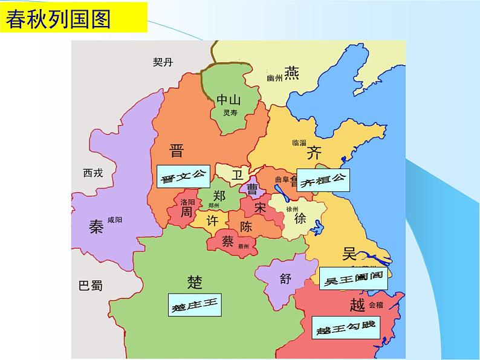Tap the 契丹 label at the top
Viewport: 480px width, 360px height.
point(164,62)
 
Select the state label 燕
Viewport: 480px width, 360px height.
point(291,74)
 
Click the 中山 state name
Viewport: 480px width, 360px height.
point(229,100)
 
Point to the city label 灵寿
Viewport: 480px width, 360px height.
point(229,113)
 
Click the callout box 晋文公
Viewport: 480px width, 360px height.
point(182,177)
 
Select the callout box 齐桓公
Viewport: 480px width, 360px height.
point(325,179)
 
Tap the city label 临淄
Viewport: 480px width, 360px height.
point(299,143)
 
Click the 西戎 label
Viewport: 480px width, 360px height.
point(93,173)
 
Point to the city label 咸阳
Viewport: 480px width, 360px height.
point(114,220)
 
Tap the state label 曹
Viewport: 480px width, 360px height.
point(252,190)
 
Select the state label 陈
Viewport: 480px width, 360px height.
point(246,227)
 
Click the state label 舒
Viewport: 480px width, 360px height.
point(285,278)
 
